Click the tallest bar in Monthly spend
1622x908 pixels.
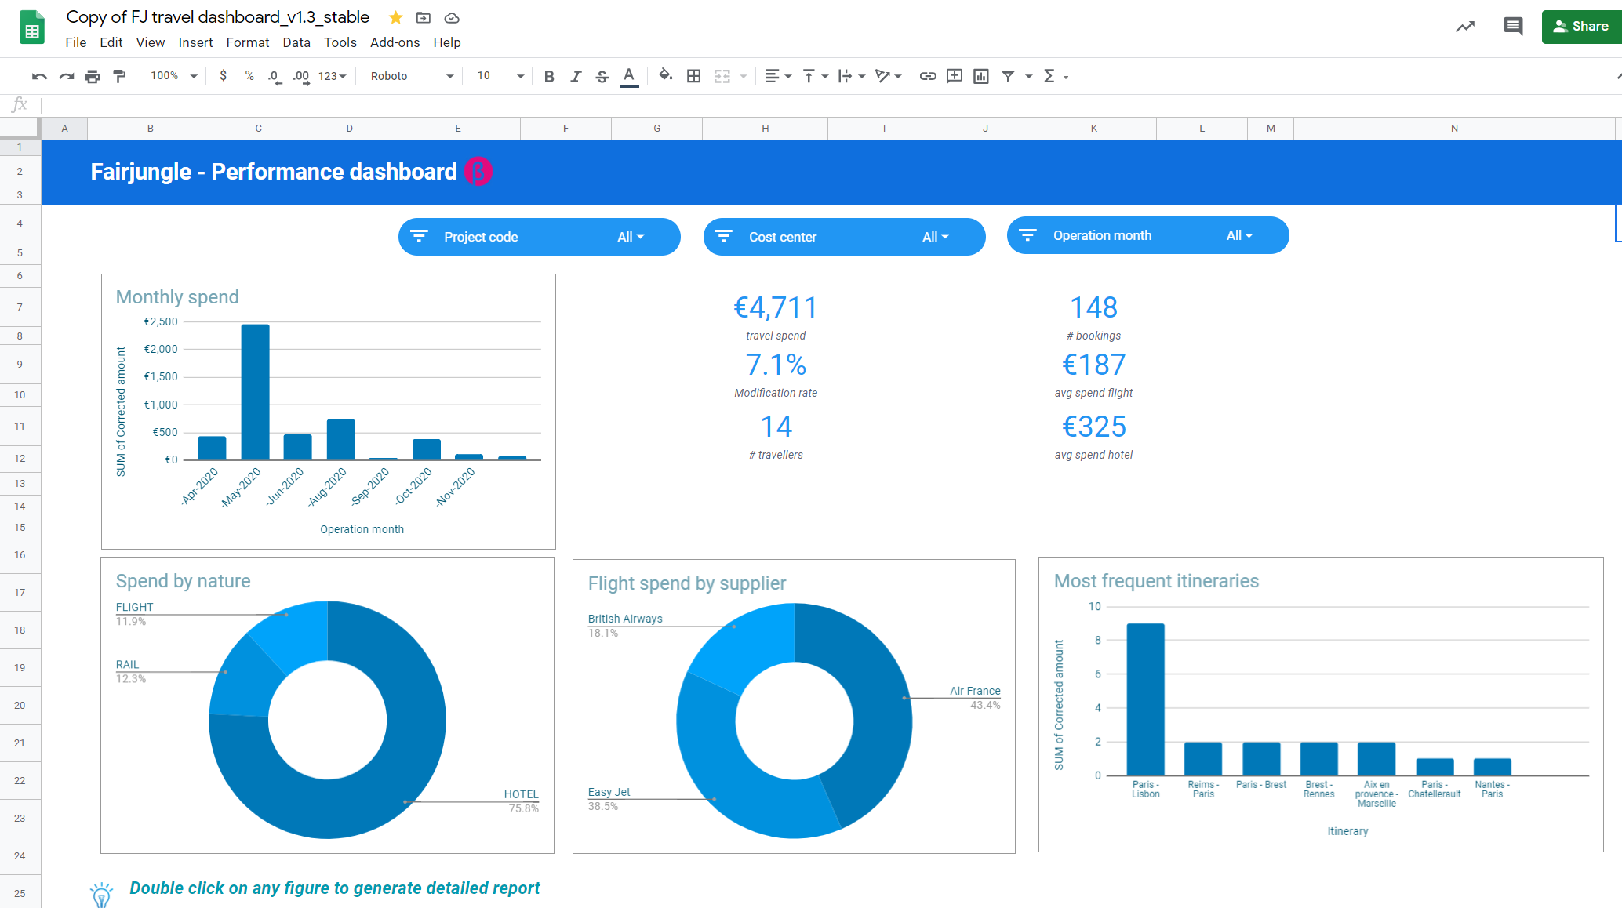[255, 392]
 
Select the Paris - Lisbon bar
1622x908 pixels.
[1145, 699]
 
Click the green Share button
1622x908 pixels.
[1580, 27]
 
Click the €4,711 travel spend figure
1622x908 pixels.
[775, 307]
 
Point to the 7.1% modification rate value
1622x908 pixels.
[775, 365]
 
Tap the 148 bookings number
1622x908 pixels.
[1093, 307]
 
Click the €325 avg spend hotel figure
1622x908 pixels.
[1093, 427]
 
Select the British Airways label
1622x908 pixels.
[625, 619]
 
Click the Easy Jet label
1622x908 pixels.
[609, 792]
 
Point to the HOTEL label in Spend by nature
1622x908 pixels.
[521, 794]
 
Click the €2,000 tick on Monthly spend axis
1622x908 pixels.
[161, 349]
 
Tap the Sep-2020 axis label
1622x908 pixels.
[370, 486]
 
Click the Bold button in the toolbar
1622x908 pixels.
[549, 76]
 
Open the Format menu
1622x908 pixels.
[247, 42]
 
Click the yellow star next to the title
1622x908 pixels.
[396, 17]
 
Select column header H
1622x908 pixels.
[765, 128]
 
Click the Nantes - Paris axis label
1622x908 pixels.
[1492, 789]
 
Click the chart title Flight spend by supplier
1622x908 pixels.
[686, 583]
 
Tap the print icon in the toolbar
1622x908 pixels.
[93, 76]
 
